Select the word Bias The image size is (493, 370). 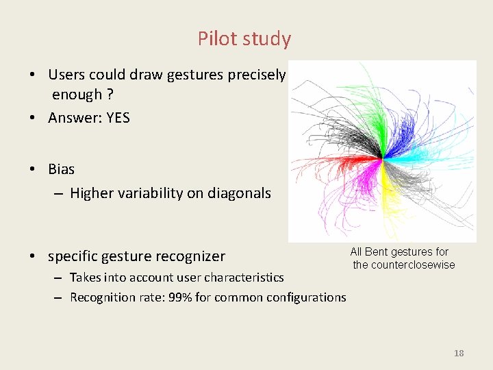[x=62, y=169]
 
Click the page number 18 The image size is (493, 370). [x=459, y=353]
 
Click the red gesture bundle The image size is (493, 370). [x=336, y=164]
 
